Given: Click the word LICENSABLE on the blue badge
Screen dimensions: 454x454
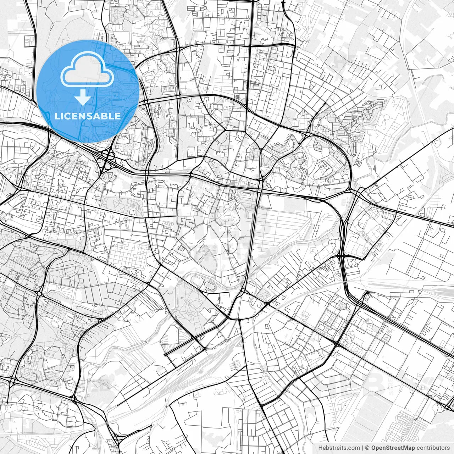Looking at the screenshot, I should click(x=88, y=116).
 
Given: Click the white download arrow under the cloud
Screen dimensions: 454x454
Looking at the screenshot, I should click(x=83, y=97).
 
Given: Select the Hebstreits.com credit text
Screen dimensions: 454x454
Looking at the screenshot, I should click(x=339, y=448).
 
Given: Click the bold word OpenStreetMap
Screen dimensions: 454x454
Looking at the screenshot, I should click(x=393, y=448).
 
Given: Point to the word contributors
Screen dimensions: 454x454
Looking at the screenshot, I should click(x=433, y=448).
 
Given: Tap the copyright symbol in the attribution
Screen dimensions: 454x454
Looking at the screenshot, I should click(x=367, y=448).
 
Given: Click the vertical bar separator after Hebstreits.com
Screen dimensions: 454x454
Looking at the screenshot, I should click(x=362, y=448).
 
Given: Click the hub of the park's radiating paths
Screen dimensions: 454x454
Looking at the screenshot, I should click(x=196, y=308).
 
